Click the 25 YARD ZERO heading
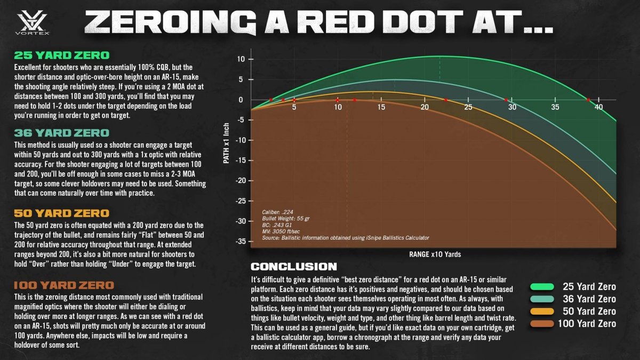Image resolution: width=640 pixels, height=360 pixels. point(62,55)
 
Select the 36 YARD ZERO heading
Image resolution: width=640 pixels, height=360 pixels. point(62,133)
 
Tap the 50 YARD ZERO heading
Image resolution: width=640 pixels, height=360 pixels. point(62,213)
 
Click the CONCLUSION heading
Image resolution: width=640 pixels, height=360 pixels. point(293,266)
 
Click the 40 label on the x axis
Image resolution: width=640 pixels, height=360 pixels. point(599,108)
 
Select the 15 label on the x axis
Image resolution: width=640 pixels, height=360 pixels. point(381,108)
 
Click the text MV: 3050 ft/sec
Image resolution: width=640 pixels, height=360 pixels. point(279,231)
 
